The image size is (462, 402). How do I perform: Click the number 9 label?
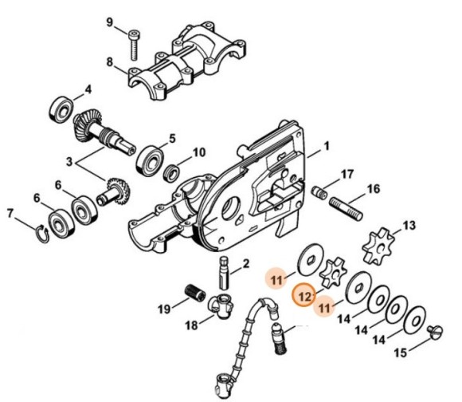tap(110, 22)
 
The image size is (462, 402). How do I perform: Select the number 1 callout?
tap(325, 148)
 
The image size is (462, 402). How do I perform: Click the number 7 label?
tap(10, 213)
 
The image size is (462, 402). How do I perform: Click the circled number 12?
tap(304, 296)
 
